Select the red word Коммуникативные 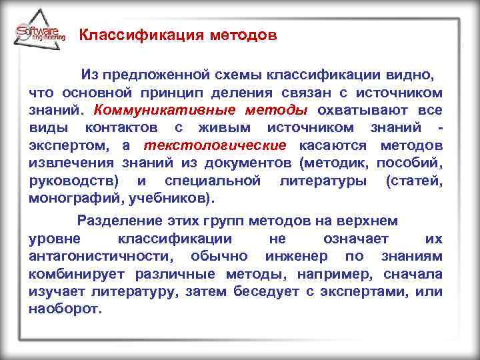[145, 109]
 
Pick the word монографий [70, 199]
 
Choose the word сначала [414, 274]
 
